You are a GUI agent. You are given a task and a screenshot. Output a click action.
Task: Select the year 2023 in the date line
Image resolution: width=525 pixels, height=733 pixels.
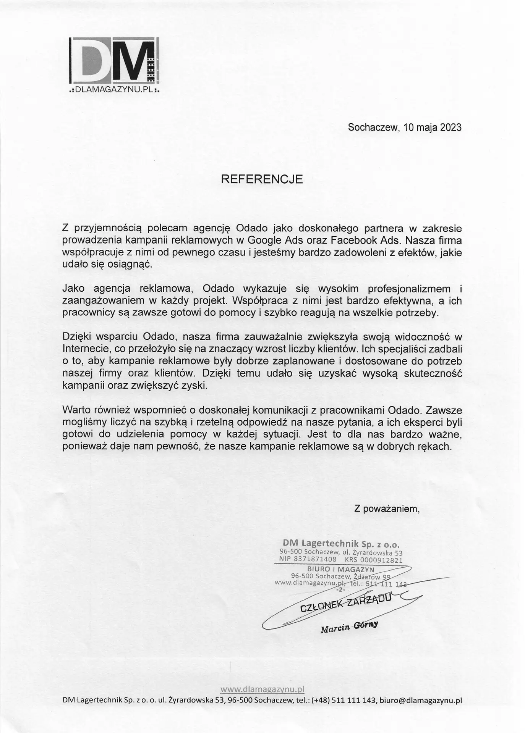[450, 128]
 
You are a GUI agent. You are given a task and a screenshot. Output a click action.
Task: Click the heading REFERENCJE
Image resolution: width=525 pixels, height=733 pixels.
[262, 179]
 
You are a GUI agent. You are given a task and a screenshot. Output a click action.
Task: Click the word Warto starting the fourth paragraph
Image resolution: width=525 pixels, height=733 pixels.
[76, 410]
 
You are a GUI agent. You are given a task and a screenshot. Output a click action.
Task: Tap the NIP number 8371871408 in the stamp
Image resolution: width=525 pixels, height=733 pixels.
[314, 559]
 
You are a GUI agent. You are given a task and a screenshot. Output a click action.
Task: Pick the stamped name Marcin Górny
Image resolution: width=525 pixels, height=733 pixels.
[349, 627]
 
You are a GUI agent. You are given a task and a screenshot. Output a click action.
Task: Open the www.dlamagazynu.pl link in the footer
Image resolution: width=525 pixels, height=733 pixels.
[262, 689]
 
